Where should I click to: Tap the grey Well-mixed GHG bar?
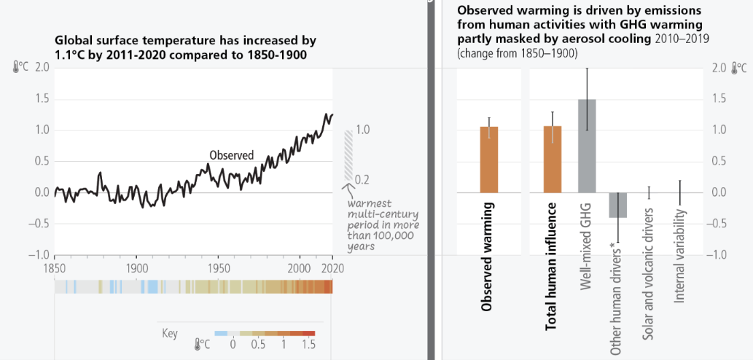[587, 145]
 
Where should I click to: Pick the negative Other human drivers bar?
[618, 205]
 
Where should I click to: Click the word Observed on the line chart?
[231, 154]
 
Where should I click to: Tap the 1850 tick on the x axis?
[55, 267]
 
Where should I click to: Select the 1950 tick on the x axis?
[220, 267]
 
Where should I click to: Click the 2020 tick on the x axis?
[333, 267]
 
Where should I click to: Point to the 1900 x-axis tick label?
[137, 267]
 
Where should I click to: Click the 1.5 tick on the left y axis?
[42, 98]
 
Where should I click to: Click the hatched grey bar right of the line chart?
[348, 155]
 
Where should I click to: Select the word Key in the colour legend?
[169, 334]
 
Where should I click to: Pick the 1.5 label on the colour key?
[308, 344]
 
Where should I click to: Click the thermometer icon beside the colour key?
[198, 344]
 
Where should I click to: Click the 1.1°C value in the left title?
[69, 55]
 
